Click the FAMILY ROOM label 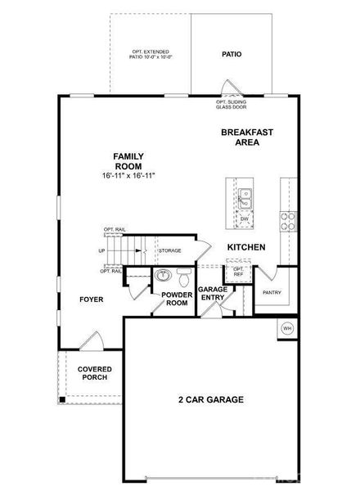128,160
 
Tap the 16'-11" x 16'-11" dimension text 128,176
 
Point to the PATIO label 232,55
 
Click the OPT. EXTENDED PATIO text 151,56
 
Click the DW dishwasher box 245,219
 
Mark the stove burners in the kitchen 288,220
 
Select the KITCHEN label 247,246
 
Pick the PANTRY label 272,291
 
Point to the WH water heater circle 287,328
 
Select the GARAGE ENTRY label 212,293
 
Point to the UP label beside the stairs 101,250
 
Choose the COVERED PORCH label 95,374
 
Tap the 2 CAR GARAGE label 211,399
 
